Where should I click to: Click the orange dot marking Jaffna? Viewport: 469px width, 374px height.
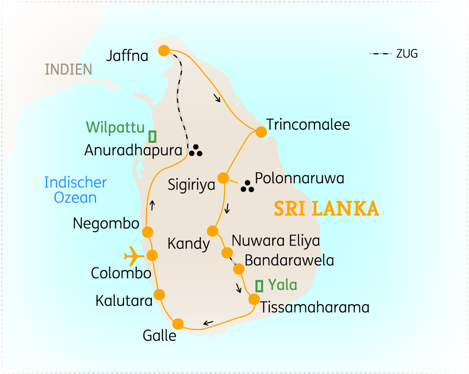point(164,51)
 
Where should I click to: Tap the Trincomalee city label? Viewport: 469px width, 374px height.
point(308,125)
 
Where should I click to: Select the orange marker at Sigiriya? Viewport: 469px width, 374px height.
point(223,177)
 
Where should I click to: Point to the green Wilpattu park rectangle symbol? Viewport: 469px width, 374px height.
point(153,136)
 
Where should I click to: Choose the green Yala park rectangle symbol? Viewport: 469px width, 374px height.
point(259,286)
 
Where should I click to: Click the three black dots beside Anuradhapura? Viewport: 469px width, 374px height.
point(196,150)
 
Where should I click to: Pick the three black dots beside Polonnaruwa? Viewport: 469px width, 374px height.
point(248,187)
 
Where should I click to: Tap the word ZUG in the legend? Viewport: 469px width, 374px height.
point(407,54)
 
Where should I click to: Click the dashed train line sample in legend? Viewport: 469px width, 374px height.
point(380,54)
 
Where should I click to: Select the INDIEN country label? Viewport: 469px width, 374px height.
point(69,69)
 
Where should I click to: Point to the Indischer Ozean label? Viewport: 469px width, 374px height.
point(75,190)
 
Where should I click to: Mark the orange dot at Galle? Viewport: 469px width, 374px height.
point(178,324)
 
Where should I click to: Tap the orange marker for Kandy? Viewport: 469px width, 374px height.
point(213,231)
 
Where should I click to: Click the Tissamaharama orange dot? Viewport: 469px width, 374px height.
point(254,299)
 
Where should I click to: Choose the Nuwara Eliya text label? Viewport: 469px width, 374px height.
point(276,241)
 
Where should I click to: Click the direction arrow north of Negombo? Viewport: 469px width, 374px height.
point(153,206)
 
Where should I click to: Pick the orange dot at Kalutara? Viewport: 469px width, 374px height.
point(159,294)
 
